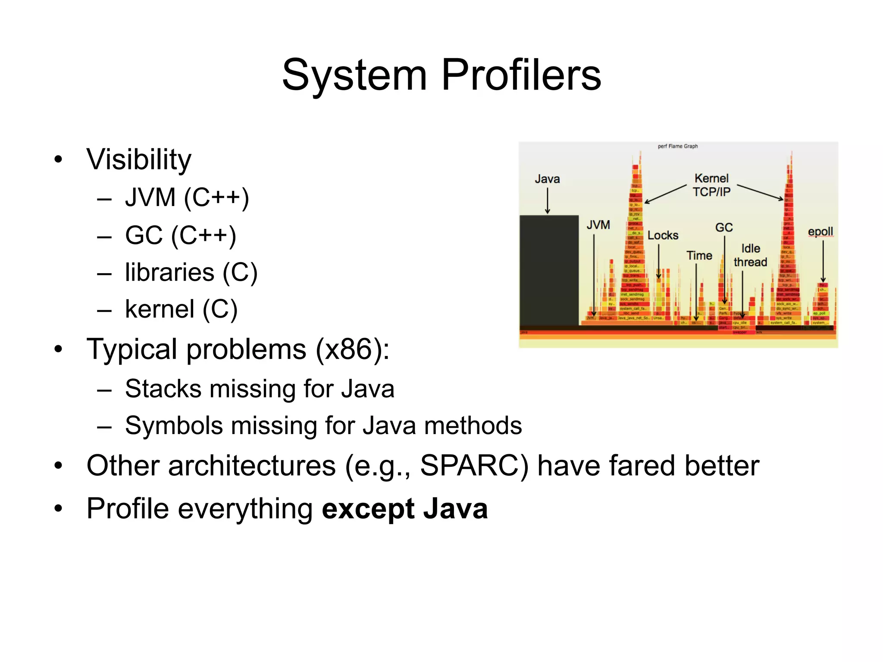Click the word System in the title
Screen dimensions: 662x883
coord(354,75)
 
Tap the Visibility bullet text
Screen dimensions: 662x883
coord(138,159)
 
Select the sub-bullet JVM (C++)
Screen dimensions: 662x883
coord(187,198)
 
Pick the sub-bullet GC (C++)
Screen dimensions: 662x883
coord(180,235)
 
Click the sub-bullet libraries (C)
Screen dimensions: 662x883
coord(191,272)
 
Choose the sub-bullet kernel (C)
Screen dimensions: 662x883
coord(181,309)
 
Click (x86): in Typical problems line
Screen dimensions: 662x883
coord(353,349)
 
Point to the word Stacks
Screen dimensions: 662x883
coord(163,389)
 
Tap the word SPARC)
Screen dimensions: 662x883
coord(474,466)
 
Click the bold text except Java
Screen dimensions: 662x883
coord(404,509)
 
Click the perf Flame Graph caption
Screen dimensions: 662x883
coord(677,146)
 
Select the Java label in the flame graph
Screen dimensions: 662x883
coord(547,179)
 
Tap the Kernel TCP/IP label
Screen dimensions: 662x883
coord(711,185)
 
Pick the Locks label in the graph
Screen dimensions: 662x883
coord(663,235)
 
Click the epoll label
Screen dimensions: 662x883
coord(820,231)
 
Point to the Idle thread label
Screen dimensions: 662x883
coord(750,255)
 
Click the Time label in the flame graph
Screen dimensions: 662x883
coord(699,256)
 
